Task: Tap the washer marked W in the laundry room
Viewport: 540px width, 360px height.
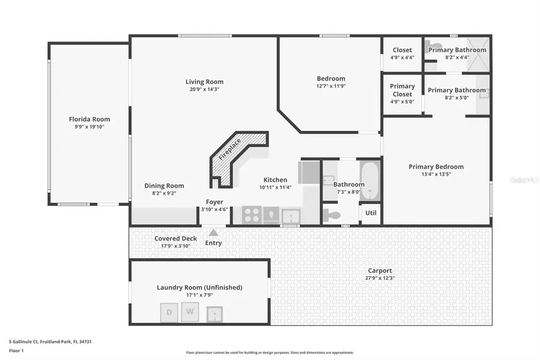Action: (x=191, y=311)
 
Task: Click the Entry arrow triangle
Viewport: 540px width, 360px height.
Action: (x=214, y=233)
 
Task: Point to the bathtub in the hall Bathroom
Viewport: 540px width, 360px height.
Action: (x=370, y=180)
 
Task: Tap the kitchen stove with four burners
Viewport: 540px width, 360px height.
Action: (x=252, y=215)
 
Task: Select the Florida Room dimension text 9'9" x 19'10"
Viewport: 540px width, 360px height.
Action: (x=89, y=127)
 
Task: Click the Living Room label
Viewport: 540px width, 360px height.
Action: (x=204, y=82)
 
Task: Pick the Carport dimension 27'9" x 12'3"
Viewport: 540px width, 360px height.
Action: (x=379, y=278)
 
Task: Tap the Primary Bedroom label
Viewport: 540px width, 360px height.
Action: (x=436, y=167)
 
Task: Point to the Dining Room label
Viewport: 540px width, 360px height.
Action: (x=164, y=186)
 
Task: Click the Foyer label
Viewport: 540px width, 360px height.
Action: (x=215, y=202)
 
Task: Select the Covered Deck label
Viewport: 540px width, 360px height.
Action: (x=176, y=238)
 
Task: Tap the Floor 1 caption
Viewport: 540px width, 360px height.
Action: (x=16, y=349)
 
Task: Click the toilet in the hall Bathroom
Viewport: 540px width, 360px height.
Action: (x=332, y=215)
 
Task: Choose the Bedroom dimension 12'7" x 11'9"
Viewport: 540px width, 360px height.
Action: (x=331, y=86)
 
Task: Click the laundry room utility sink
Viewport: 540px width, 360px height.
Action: (x=214, y=312)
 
